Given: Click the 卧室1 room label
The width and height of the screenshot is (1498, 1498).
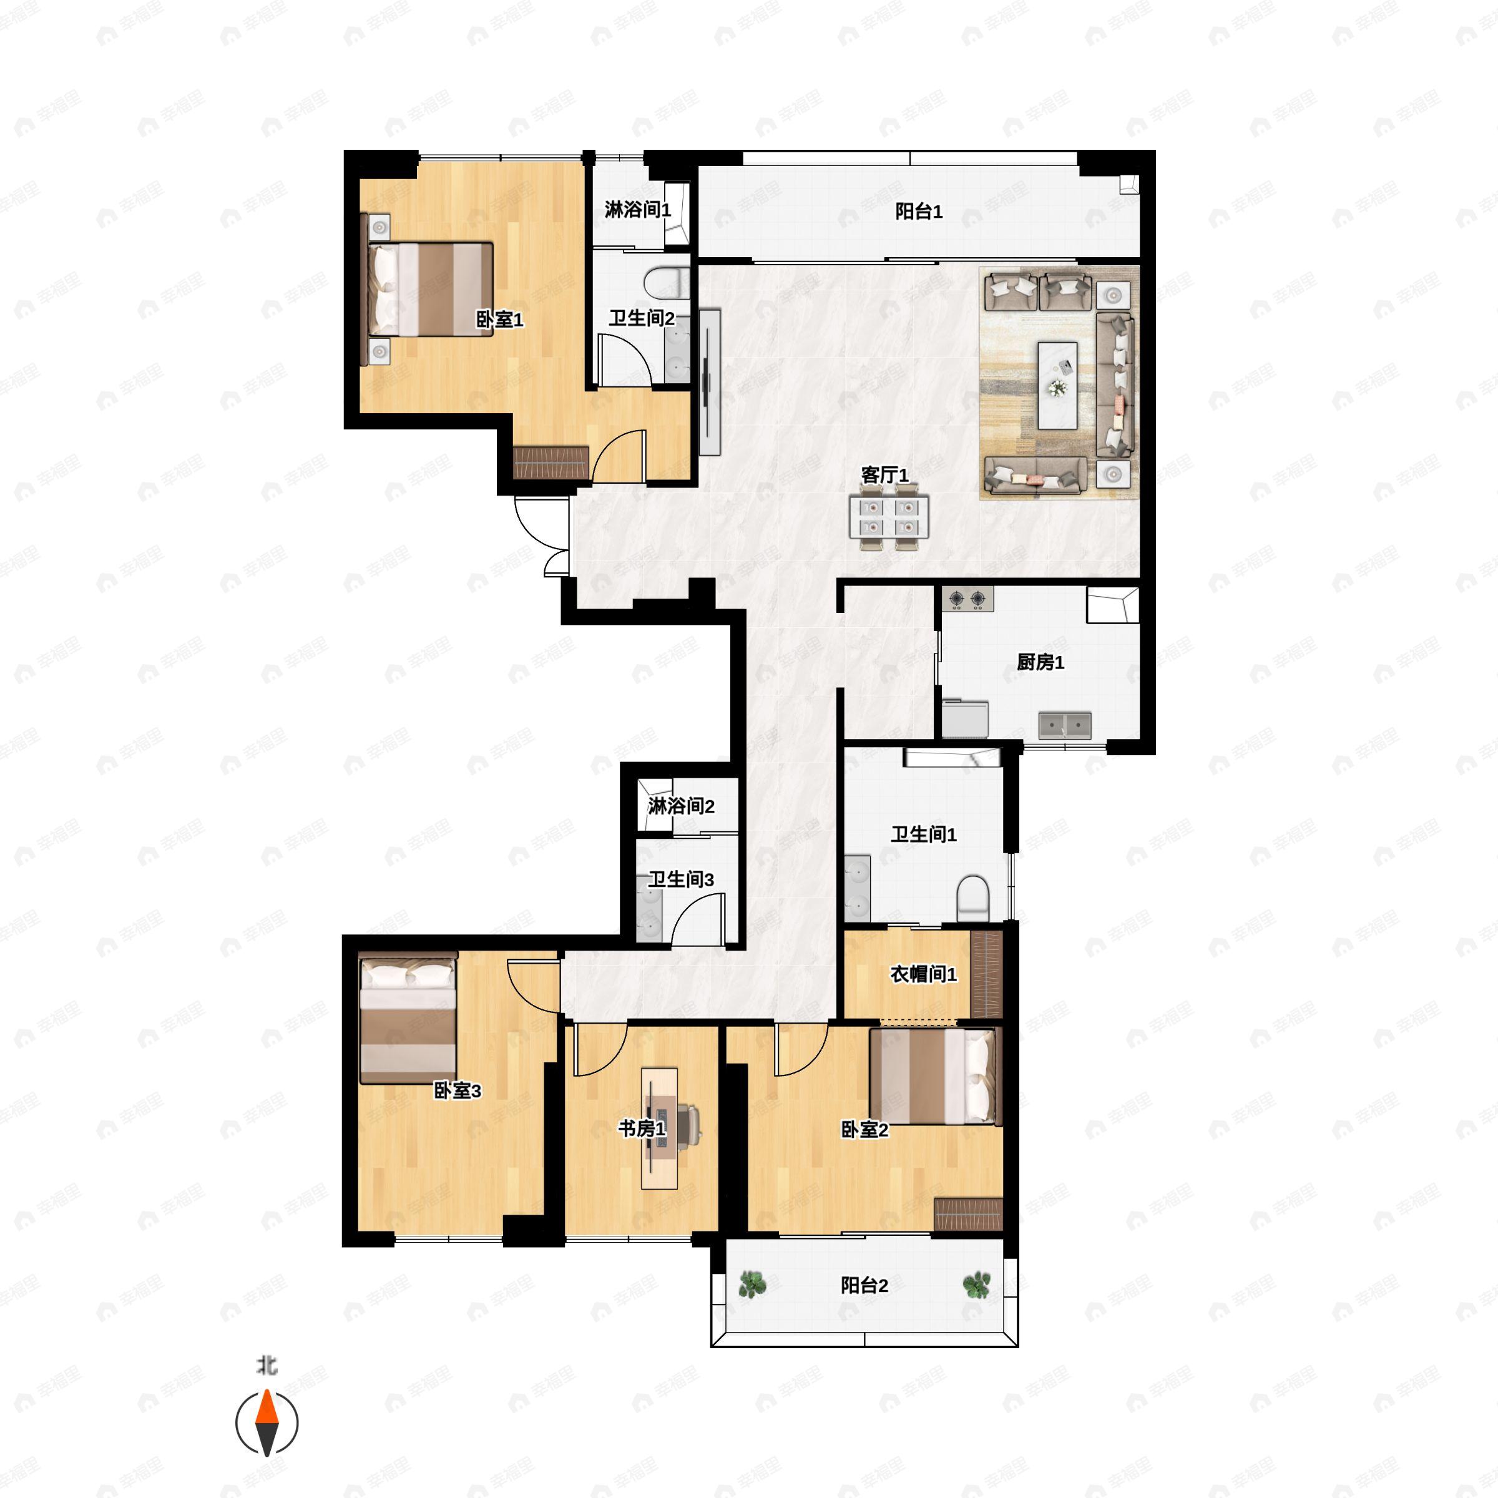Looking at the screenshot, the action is tap(499, 320).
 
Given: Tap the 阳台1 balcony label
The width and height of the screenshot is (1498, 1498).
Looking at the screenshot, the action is tap(919, 212).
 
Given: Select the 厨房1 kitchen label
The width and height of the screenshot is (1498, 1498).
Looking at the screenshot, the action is tap(1040, 662).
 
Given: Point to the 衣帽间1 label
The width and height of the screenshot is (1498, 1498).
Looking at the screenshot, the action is tap(924, 974).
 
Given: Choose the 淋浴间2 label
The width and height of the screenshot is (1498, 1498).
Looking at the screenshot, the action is tap(682, 806).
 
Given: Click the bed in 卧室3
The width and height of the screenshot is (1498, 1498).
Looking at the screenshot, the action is tap(408, 1018).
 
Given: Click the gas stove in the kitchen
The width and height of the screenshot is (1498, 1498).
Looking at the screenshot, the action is tap(969, 598).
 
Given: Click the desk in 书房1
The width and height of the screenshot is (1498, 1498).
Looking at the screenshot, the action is tap(659, 1128).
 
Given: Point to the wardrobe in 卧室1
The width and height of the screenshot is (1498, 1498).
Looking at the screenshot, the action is tap(551, 461).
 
